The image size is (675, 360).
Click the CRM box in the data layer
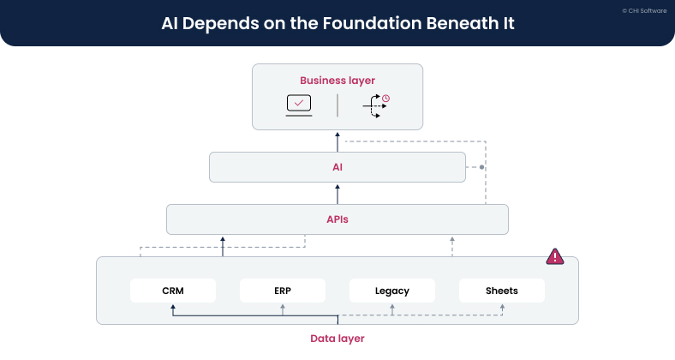(172, 291)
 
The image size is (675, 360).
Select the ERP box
(283, 291)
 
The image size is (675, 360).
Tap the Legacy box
(391, 291)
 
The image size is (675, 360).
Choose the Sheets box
(501, 291)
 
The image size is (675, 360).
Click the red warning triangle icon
(555, 255)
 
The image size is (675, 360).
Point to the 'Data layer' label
(337, 339)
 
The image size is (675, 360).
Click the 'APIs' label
(337, 219)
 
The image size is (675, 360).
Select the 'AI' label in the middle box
(337, 167)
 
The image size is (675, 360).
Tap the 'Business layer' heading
(337, 81)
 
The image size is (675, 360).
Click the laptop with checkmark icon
(299, 105)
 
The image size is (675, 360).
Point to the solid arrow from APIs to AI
(337, 193)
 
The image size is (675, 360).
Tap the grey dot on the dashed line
(482, 167)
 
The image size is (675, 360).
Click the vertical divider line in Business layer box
(337, 105)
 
